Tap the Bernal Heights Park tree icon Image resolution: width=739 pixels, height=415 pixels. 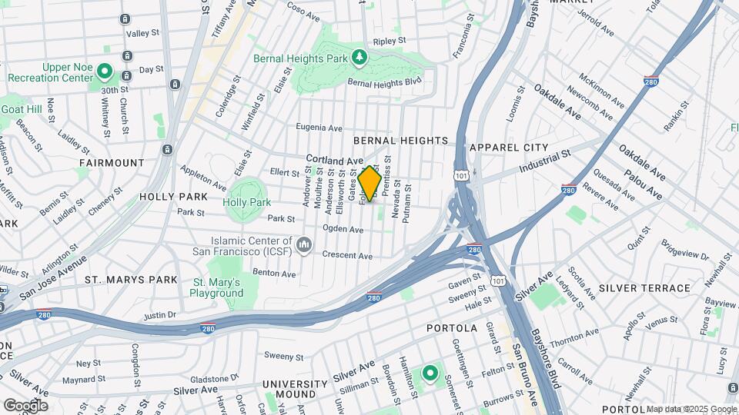[358, 56]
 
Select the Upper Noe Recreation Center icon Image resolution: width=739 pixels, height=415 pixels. [105, 73]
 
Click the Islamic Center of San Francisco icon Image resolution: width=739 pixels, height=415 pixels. [304, 244]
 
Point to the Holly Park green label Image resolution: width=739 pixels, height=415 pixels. [247, 202]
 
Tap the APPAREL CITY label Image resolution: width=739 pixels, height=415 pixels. [509, 148]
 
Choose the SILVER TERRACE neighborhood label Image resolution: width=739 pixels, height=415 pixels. [644, 288]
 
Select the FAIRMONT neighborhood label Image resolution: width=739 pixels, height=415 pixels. [112, 163]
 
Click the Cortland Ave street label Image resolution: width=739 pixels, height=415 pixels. [334, 160]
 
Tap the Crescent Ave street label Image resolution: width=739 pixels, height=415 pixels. [347, 256]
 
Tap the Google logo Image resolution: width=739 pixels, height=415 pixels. [25, 405]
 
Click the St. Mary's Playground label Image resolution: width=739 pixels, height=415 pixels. [218, 288]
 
